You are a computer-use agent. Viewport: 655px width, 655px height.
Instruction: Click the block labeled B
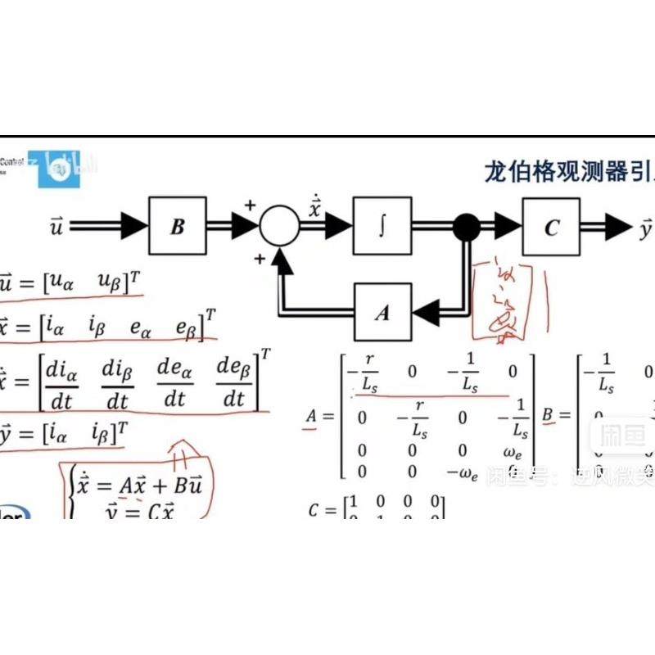(x=177, y=226)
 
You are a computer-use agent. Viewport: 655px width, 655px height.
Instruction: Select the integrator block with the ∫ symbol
(x=382, y=226)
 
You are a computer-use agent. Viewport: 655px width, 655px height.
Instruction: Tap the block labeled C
(x=551, y=227)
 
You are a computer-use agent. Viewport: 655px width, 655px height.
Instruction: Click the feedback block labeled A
(x=382, y=311)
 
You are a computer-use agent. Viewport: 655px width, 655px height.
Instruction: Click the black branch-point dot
(x=467, y=227)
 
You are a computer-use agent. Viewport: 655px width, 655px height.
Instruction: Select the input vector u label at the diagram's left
(x=56, y=227)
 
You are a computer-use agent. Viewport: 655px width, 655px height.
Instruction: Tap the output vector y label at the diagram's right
(x=645, y=228)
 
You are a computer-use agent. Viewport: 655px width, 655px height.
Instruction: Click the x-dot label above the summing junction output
(x=315, y=207)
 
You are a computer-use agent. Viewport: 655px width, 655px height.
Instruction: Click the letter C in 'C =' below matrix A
(x=314, y=511)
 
